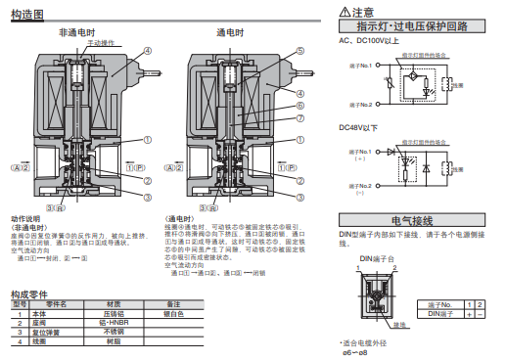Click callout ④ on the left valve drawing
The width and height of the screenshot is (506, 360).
[148, 51]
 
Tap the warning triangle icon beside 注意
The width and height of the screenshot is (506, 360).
[345, 11]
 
